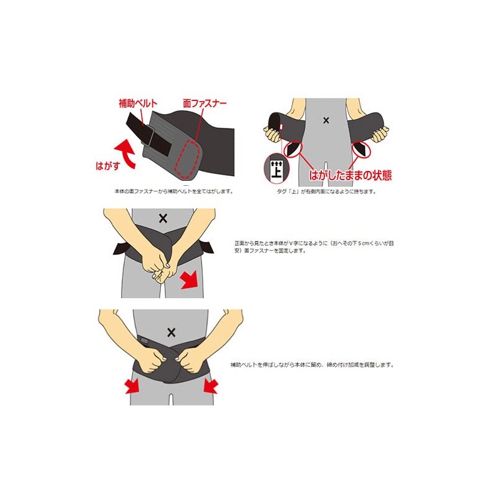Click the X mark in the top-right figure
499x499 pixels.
(325, 120)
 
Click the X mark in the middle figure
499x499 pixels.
(163, 217)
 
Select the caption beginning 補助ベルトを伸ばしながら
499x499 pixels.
(312, 364)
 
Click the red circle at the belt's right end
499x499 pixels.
(362, 149)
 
